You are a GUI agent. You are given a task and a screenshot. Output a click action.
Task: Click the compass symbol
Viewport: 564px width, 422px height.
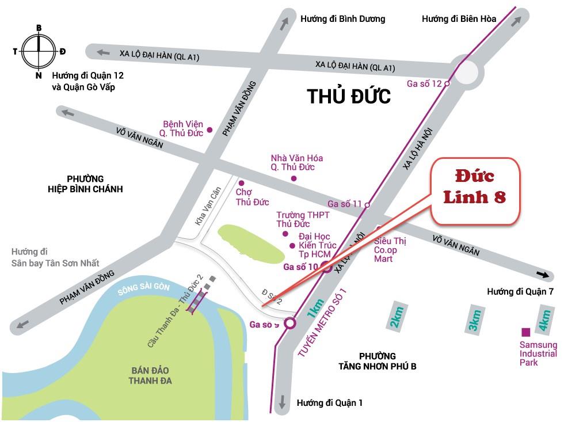[39, 51]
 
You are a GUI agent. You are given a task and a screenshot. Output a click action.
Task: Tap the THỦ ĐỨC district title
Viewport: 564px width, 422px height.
[349, 96]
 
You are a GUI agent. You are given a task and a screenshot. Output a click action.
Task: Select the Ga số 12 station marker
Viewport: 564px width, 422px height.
[447, 83]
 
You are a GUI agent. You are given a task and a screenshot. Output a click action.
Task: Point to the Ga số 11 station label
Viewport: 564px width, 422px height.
[344, 204]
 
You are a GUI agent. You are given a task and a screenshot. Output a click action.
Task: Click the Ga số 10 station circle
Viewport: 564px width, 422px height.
[326, 266]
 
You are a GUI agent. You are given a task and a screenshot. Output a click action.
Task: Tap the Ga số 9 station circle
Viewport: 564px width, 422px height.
[290, 323]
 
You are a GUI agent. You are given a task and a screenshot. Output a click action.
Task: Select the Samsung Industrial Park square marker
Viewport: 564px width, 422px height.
[525, 332]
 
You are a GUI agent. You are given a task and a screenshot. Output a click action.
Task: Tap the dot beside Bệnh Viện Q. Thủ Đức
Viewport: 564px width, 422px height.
[210, 130]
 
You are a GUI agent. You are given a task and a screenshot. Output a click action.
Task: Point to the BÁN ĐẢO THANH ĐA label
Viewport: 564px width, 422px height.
[150, 375]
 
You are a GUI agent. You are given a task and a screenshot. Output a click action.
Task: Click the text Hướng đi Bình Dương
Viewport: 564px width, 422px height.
[342, 19]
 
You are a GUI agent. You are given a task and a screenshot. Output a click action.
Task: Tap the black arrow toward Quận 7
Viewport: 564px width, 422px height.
[542, 273]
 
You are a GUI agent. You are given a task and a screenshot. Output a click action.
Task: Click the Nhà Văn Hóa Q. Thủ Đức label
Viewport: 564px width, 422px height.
[296, 162]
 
